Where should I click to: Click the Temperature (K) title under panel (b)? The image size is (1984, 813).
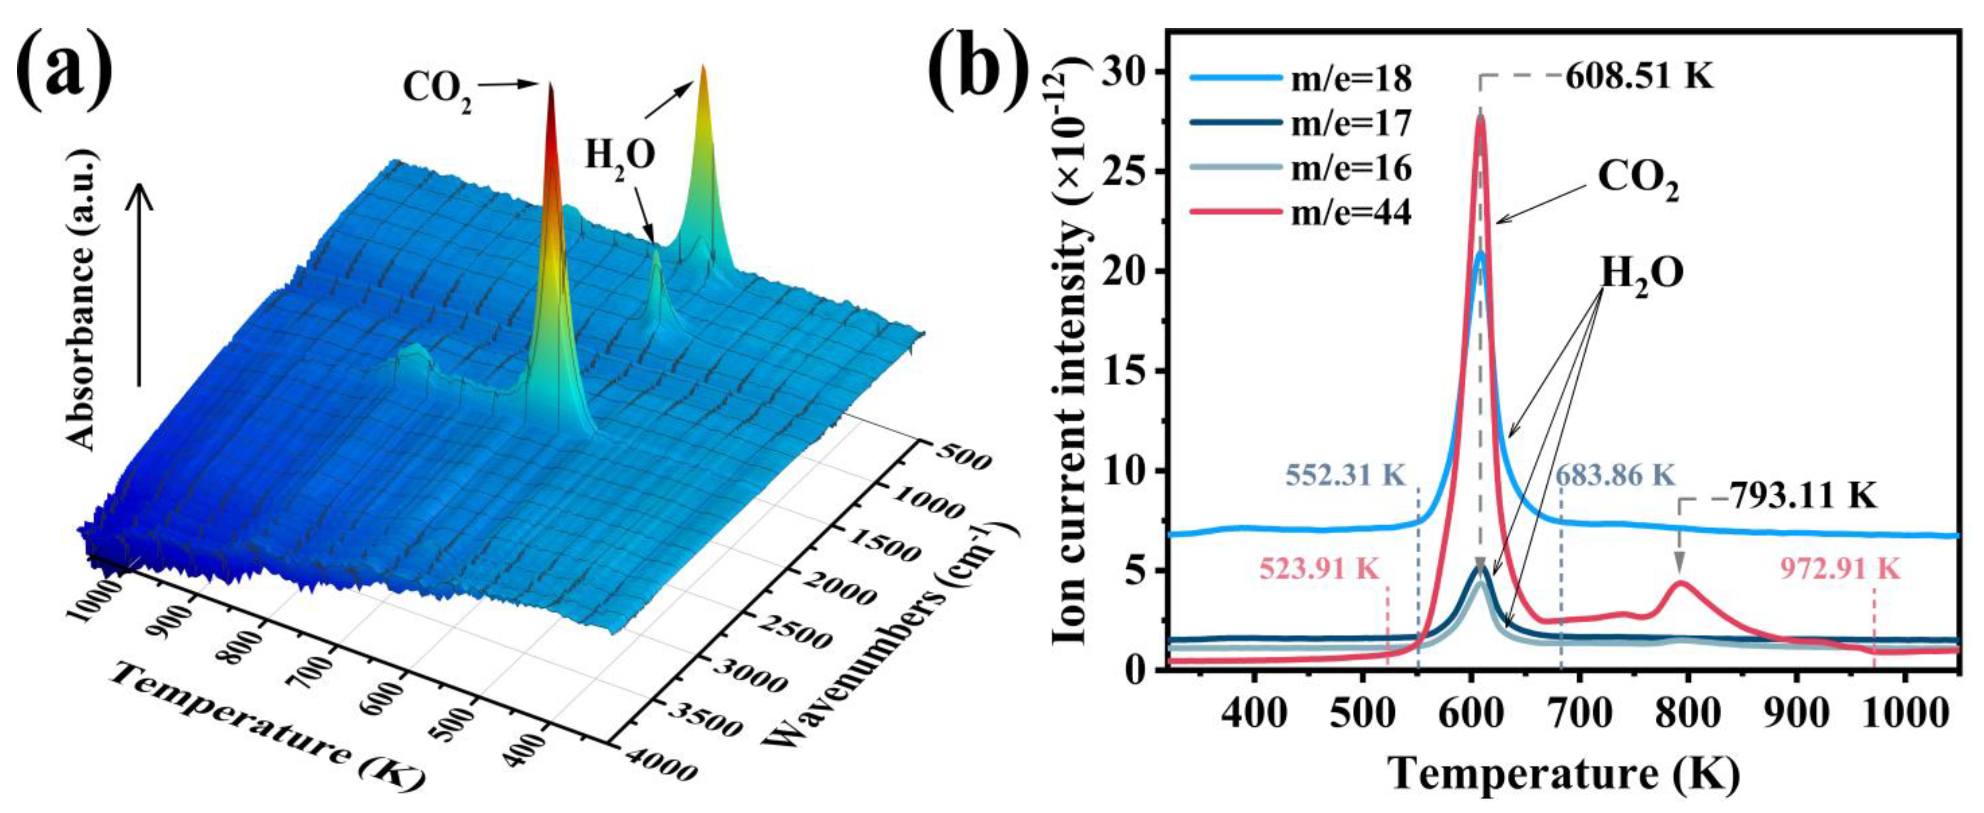click(1563, 774)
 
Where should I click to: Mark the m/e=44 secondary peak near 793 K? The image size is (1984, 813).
click(1680, 583)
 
